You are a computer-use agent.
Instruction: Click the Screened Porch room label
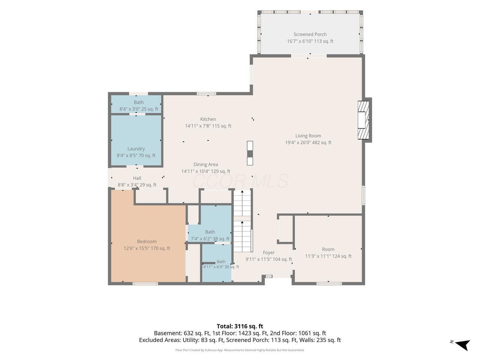coord(310,34)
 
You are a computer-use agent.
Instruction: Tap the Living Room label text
coord(308,136)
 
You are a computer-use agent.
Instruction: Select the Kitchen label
coord(208,119)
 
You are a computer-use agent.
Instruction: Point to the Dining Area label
coord(205,164)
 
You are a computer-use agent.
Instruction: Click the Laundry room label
coord(136,148)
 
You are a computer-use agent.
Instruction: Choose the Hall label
coord(137,178)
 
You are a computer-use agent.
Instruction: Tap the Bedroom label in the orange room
coord(147,241)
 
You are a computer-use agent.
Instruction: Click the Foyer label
coord(268,252)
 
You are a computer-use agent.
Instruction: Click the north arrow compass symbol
coord(462,345)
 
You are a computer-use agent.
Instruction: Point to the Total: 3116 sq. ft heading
coord(240,326)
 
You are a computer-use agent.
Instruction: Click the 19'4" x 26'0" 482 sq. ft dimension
coord(308,142)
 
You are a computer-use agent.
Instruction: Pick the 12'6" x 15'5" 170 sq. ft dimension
coord(147,248)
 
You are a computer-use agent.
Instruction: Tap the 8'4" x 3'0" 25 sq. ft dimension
coord(139,109)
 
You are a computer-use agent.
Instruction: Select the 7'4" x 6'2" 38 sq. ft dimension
coord(210,239)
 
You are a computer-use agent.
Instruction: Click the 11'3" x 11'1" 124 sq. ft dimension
coord(328,256)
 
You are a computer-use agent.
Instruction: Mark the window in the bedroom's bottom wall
coord(145,284)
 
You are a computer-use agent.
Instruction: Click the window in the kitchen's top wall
coord(206,94)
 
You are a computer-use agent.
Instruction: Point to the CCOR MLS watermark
coord(240,181)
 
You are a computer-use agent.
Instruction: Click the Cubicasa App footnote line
coord(240,350)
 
